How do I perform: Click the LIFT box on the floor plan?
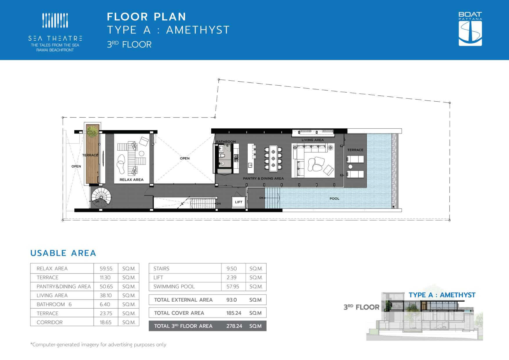point(239,202)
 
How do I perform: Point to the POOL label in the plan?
point(334,199)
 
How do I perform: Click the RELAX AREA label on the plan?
point(132,180)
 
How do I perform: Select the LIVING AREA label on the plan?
point(313,140)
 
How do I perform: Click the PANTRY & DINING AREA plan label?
point(263,179)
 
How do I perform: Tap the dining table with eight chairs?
point(273,158)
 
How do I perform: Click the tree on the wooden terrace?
point(92,131)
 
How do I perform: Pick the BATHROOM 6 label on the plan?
point(226,143)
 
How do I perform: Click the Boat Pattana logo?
point(470,29)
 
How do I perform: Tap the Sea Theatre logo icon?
point(55,20)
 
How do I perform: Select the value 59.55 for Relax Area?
point(106,269)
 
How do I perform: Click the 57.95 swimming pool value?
point(233,287)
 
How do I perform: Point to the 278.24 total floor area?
point(234,326)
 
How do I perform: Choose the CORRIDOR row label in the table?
point(50,322)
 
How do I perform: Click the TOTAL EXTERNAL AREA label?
point(183,300)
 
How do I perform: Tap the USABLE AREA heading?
point(63,253)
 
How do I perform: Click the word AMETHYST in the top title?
point(198,30)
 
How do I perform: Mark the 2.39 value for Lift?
point(231,278)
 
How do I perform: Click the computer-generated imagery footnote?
point(98,345)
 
